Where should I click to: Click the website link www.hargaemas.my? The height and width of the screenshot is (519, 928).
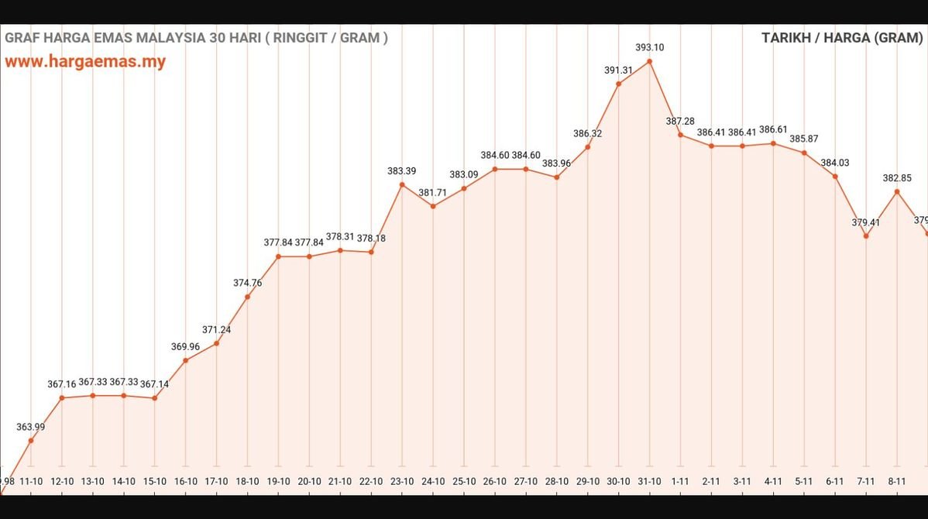85,62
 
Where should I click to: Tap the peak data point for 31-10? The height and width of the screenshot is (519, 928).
649,60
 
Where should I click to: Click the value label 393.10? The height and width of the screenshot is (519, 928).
649,47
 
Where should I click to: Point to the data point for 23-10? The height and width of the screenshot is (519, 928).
402,184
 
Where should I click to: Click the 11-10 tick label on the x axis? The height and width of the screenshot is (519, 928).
31,481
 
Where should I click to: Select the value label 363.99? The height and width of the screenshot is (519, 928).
31,427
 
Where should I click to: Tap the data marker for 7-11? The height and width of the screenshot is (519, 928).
866,235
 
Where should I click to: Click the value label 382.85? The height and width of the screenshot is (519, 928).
897,178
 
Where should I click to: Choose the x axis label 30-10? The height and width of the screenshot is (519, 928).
618,481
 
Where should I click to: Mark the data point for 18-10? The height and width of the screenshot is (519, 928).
247,297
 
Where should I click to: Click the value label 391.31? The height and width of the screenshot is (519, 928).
618,70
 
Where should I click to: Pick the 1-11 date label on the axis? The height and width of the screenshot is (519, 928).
680,481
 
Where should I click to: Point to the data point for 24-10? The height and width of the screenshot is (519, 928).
433,206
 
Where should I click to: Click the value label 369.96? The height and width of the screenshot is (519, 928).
185,347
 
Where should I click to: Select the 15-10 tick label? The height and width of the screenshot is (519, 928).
154,481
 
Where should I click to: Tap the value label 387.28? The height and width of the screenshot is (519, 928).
680,122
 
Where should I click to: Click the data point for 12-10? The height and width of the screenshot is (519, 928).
62,398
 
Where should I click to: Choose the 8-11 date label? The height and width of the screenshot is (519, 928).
897,481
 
